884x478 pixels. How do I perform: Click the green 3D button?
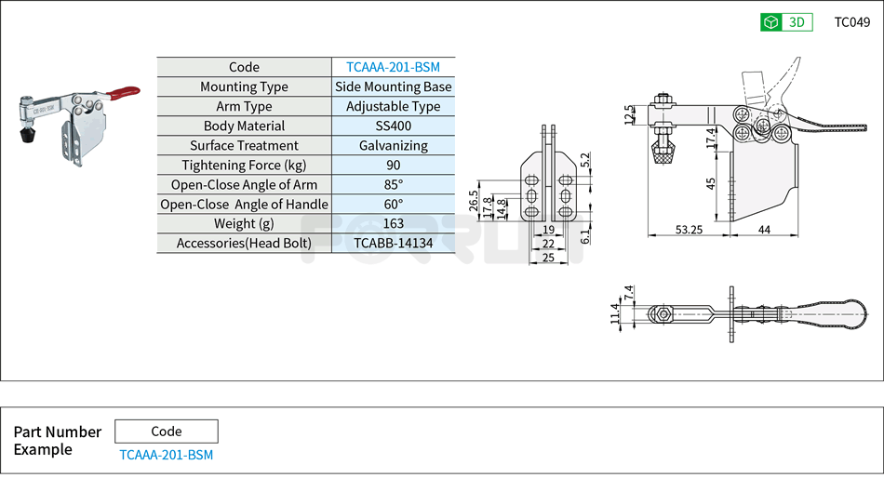tap(786, 22)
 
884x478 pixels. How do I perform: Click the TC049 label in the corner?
tap(851, 22)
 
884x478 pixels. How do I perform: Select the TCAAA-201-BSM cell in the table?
tap(393, 67)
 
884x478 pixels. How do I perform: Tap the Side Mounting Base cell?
tap(393, 86)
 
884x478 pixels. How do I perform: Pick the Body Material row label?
tap(244, 126)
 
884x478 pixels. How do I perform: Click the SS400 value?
tap(393, 126)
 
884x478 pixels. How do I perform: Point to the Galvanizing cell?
tap(393, 145)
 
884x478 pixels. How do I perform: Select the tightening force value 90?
tap(393, 165)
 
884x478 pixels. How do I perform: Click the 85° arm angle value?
tap(393, 184)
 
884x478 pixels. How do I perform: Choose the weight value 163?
tap(393, 223)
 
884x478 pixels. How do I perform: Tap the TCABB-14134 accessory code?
tap(393, 243)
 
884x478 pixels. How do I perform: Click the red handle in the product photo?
tap(124, 92)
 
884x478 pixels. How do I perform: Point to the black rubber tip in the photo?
tap(27, 138)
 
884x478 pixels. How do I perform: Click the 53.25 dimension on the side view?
tap(690, 229)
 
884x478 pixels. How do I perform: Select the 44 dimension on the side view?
tap(764, 229)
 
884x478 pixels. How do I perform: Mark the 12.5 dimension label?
tap(630, 114)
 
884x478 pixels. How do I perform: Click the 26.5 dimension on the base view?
tap(474, 200)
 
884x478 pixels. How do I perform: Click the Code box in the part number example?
tap(166, 432)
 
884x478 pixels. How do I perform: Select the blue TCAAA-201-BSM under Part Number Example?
tap(166, 455)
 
